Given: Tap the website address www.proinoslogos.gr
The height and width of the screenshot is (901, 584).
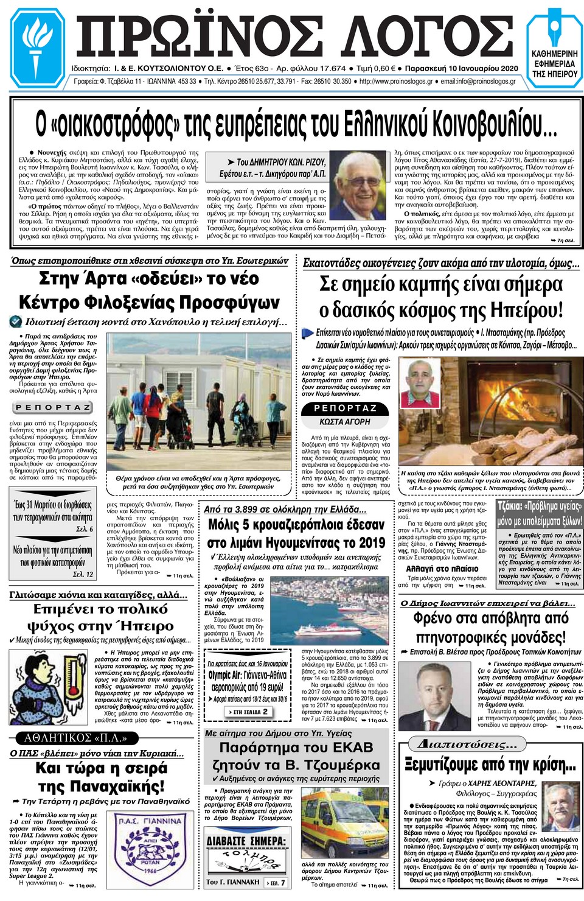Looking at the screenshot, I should (x=396, y=82).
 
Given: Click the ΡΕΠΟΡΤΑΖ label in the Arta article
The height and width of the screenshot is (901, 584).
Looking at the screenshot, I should (x=53, y=407).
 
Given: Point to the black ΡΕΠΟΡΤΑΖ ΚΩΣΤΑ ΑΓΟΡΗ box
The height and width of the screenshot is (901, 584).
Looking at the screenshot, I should (x=344, y=415).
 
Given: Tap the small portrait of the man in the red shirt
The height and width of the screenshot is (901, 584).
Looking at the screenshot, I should (x=420, y=383).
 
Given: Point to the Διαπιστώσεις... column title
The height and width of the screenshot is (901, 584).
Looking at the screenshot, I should (x=468, y=744).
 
